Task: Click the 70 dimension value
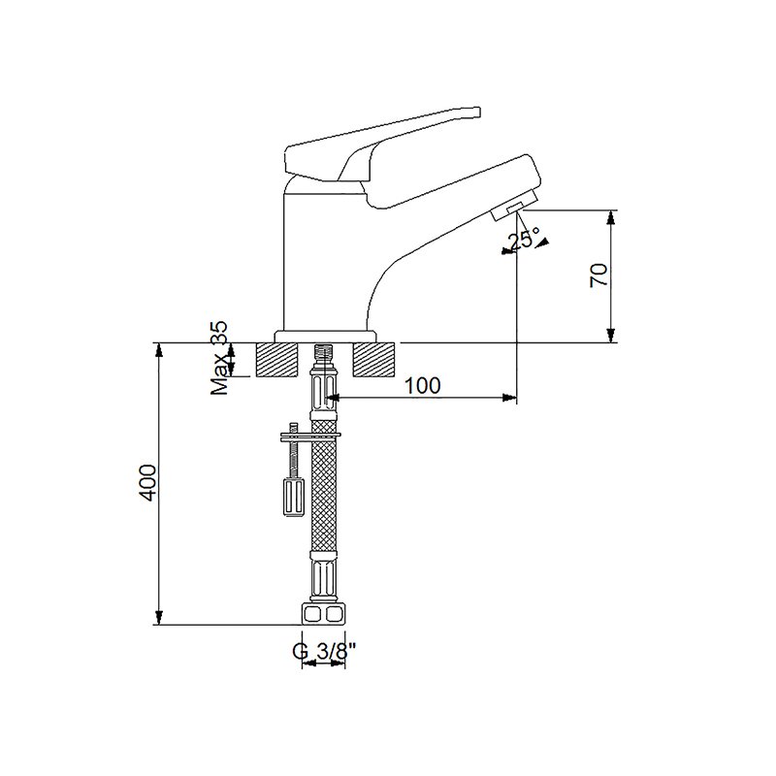[599, 275]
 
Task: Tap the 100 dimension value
[423, 385]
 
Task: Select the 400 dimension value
[147, 482]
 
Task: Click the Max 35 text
[219, 358]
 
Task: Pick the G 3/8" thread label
[325, 651]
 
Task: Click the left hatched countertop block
[277, 360]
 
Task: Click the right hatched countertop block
[373, 360]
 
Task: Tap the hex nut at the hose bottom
[323, 614]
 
